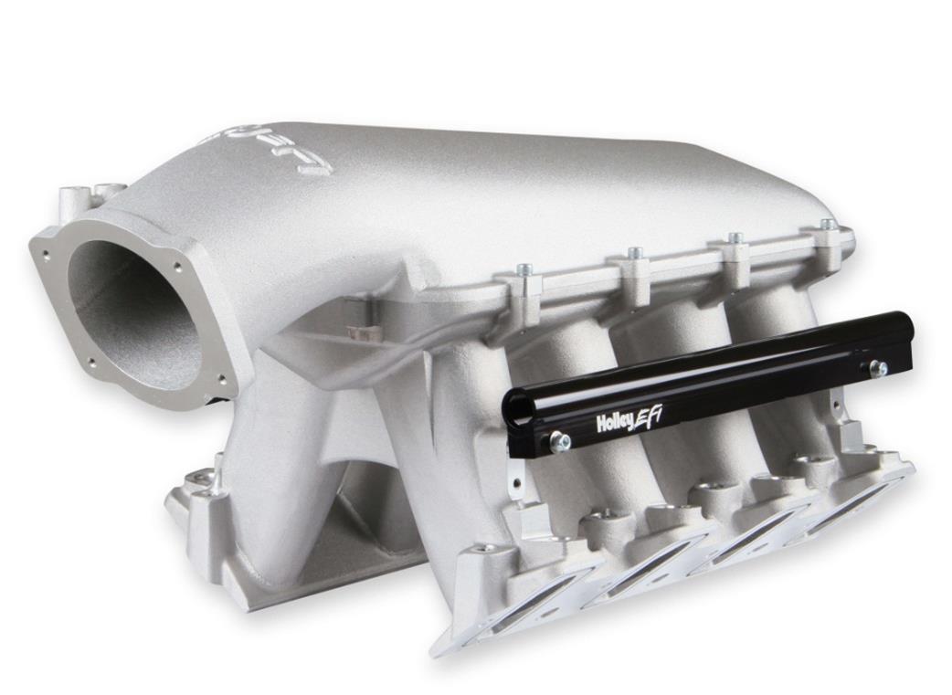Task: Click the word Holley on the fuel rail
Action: coord(615,422)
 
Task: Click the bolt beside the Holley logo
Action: coord(560,442)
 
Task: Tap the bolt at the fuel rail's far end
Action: coord(879,368)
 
